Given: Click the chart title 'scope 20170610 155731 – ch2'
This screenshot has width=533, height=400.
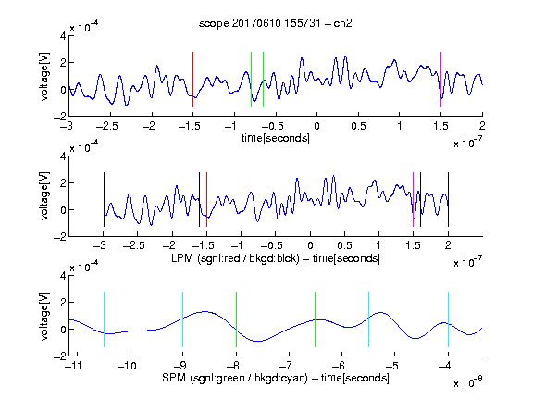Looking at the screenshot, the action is click(276, 23).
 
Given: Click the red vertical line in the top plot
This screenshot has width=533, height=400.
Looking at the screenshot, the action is click(193, 80).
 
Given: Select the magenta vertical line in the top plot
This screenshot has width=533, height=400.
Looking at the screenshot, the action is click(440, 80).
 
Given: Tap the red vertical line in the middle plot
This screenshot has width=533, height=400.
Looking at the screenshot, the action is click(206, 199).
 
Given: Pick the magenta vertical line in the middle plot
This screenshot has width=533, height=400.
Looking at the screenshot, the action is click(413, 199).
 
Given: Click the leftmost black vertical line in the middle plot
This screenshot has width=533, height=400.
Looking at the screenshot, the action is click(104, 199).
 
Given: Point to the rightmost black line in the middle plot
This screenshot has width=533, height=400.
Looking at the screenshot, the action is click(448, 199).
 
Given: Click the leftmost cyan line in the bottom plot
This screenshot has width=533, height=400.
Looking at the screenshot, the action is click(104, 319).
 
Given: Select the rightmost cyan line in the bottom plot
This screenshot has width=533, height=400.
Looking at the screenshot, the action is click(448, 319).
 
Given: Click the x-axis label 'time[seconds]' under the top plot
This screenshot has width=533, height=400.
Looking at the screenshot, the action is click(276, 138).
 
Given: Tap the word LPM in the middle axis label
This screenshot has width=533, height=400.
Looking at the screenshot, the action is click(182, 258).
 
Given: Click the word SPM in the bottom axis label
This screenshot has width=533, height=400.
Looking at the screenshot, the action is click(174, 378).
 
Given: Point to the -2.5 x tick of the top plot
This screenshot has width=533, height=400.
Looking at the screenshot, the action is click(106, 126).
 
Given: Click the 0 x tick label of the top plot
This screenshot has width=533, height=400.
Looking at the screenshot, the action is click(316, 126).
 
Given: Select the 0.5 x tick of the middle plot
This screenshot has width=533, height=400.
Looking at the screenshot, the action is click(344, 245).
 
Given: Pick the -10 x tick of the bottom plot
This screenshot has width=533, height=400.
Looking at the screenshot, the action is click(127, 366).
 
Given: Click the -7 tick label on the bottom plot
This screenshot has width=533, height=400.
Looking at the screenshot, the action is click(286, 366).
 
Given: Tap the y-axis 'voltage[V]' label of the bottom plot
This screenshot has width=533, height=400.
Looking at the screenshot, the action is click(44, 316).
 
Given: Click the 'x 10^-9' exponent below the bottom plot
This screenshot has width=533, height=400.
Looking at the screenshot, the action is click(467, 381).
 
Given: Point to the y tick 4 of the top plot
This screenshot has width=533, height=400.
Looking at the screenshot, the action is click(63, 36).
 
